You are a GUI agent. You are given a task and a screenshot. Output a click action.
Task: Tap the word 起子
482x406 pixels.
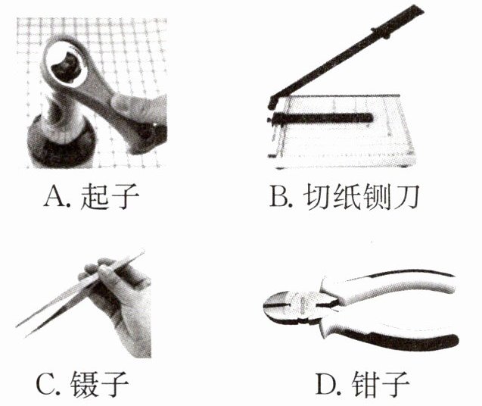(x=110, y=196)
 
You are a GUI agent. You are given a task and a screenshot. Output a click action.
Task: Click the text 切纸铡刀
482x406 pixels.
(x=361, y=196)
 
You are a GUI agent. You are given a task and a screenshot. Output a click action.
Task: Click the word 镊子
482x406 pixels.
(x=99, y=384)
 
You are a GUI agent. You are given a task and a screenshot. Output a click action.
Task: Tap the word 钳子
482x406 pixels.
(x=381, y=384)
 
